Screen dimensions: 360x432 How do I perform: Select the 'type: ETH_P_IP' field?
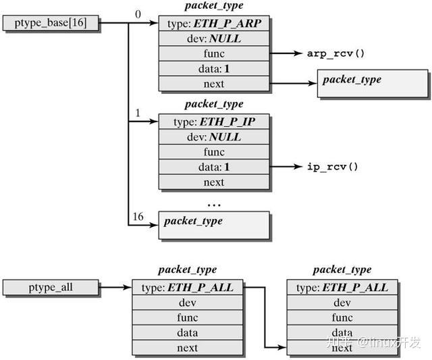[x=213, y=122]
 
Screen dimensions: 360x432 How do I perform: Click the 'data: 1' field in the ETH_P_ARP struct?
[x=213, y=69]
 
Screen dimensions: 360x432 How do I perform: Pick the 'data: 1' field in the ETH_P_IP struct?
[x=213, y=167]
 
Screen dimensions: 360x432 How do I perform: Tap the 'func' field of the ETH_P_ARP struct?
[x=213, y=54]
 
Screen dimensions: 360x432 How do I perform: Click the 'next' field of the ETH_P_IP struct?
[x=213, y=182]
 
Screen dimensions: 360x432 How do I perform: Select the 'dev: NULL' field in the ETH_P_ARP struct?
[x=213, y=39]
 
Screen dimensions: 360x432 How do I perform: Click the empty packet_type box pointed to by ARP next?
[x=372, y=84]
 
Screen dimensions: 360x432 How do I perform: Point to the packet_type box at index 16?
[x=214, y=226]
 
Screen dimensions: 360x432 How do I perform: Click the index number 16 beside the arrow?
[x=138, y=216]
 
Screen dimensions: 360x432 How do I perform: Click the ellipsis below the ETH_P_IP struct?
[x=213, y=203]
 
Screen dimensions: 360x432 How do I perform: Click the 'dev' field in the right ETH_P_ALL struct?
[x=342, y=303]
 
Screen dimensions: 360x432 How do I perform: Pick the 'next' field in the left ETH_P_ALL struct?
[x=187, y=348]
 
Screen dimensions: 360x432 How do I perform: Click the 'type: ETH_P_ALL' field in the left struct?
[x=187, y=288]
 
